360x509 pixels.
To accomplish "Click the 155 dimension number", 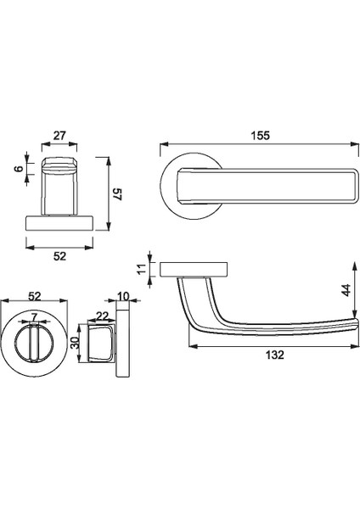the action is pos(261,136).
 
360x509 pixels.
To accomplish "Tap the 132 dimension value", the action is pos(275,355).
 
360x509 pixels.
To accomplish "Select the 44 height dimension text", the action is pos(346,290).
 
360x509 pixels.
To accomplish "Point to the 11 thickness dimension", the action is pos(142,269).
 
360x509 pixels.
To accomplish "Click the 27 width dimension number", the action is pos(59,136).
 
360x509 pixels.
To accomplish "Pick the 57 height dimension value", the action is pos(116,194).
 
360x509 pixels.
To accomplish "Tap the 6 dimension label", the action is pos(20,169).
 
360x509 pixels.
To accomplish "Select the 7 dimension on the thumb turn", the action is pos(35,316).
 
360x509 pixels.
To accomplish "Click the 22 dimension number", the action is pos(102,316).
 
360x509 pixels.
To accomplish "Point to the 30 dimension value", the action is pos(75,343).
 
